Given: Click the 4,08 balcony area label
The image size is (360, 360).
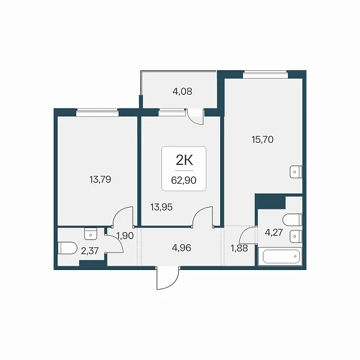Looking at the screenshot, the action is (182, 91).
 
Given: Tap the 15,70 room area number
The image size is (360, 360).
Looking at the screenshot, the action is (262, 139).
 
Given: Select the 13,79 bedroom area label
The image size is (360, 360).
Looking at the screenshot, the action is (100, 179).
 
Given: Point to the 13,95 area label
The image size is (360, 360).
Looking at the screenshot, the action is (161, 207).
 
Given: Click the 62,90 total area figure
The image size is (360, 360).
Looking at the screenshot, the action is (184, 180).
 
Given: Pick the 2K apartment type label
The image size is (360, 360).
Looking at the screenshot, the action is (184, 160).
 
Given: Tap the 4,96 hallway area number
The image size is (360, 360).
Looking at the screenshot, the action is (181, 248).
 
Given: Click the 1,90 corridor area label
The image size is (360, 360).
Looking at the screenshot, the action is (125, 236).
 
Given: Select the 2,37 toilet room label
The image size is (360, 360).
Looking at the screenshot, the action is (90, 251).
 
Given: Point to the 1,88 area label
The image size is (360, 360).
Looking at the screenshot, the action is (239, 248).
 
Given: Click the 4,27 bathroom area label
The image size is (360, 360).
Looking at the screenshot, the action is (274, 233).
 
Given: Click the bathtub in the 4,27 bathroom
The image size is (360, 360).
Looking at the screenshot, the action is (281, 256).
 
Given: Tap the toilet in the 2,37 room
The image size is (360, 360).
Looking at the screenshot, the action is (67, 248).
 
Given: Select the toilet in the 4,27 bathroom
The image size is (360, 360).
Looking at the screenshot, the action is (292, 220).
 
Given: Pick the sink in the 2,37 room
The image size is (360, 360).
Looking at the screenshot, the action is (91, 234).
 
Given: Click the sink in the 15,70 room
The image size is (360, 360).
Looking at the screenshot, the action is (296, 172).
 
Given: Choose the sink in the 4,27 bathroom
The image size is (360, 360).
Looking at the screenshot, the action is (296, 236).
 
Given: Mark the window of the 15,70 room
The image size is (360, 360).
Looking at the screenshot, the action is (265, 75).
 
